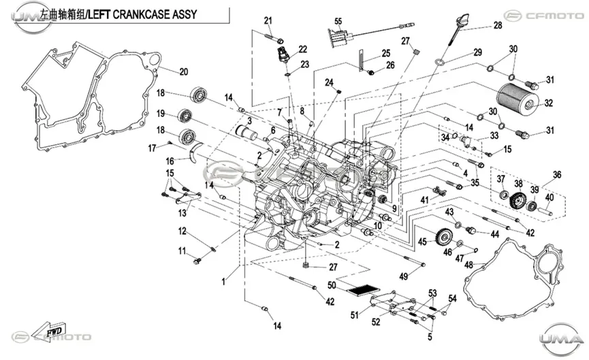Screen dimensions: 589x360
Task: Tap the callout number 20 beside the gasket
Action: point(183,71)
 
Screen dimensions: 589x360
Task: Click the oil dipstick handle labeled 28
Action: point(463,20)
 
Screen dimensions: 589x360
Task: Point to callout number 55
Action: point(338,21)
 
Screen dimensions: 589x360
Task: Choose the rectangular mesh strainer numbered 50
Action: point(363,291)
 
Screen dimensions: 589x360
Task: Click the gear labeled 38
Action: point(518,199)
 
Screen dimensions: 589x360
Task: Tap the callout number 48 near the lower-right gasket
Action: point(468,265)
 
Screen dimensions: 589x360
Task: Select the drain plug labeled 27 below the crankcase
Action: point(306,266)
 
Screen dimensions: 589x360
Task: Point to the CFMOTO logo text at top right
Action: point(554,16)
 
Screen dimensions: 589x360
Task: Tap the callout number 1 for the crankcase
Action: point(223,282)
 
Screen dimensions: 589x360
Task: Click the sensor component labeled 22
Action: point(283,55)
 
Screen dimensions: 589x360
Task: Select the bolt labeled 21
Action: point(274,37)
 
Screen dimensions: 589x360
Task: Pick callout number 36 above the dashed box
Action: point(557,175)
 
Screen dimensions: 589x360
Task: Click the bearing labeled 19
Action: point(185,115)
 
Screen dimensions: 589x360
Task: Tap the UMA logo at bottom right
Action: point(562,340)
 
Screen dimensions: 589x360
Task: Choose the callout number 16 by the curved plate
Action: point(170,161)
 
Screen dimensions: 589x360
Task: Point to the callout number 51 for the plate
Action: point(354,315)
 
